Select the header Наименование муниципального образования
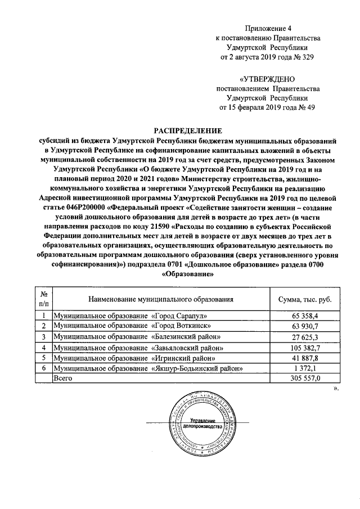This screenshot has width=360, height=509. coord(160,299)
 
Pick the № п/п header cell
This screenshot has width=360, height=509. coord(43,299)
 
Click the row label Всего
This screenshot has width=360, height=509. coord(63,379)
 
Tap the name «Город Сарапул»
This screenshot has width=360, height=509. coord(179,316)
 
